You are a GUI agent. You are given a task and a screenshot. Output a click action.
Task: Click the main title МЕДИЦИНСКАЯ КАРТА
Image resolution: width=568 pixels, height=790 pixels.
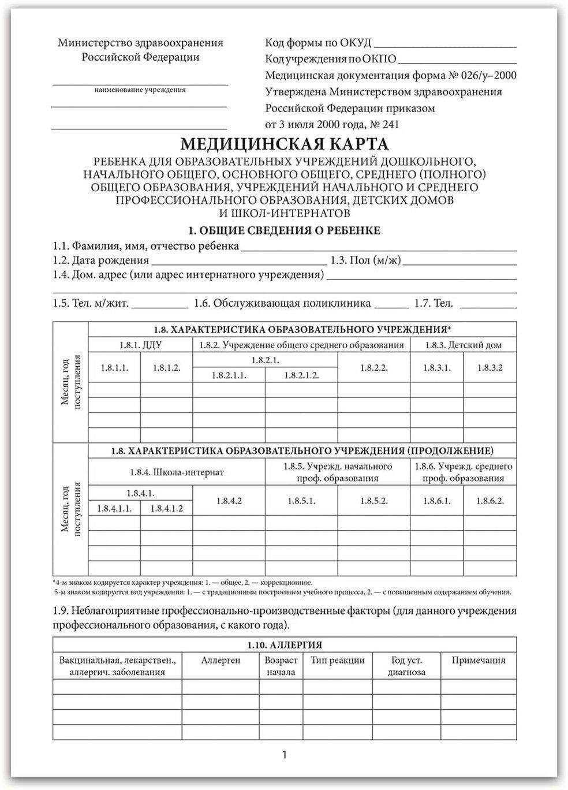pos(284,144)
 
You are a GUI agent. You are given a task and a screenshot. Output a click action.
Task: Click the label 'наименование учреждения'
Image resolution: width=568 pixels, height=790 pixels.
pos(140,90)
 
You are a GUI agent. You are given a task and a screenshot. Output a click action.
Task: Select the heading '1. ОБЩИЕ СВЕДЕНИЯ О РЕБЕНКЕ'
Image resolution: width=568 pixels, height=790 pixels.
pos(284,230)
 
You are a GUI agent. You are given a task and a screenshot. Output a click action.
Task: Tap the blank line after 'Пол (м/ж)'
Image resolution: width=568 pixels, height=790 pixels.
pos(459,261)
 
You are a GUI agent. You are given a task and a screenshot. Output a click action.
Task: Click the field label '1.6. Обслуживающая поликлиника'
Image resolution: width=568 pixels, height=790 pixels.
pos(282,303)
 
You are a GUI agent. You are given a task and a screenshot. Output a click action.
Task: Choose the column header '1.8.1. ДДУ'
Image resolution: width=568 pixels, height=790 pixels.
pos(140,345)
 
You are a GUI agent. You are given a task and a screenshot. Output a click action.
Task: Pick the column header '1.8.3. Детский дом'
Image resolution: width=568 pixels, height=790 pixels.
pos(464,345)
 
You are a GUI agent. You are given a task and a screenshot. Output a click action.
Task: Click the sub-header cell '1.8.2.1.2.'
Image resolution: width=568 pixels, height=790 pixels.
pos(301,375)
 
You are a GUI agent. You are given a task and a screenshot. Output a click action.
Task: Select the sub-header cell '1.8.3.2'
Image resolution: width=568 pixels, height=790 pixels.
pos(490,368)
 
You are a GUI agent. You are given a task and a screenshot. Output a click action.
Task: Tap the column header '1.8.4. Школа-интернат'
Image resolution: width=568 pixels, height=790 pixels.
pos(177,472)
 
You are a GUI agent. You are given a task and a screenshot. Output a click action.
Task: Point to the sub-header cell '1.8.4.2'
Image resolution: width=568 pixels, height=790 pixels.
pos(229,501)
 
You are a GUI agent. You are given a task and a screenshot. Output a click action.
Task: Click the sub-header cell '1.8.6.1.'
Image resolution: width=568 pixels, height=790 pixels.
pos(437,501)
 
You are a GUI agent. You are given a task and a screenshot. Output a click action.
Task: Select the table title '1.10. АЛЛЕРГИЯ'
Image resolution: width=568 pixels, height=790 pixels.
pos(285,645)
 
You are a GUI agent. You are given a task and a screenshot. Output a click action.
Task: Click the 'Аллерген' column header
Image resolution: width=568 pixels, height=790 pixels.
pos(221,661)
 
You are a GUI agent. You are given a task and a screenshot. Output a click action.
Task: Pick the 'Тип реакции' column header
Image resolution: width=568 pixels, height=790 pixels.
pos(338,661)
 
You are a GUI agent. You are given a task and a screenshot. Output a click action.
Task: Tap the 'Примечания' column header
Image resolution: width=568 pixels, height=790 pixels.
pos(479,661)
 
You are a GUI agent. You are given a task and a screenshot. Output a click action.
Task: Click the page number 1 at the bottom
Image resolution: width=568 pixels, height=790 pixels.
pos(285,754)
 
